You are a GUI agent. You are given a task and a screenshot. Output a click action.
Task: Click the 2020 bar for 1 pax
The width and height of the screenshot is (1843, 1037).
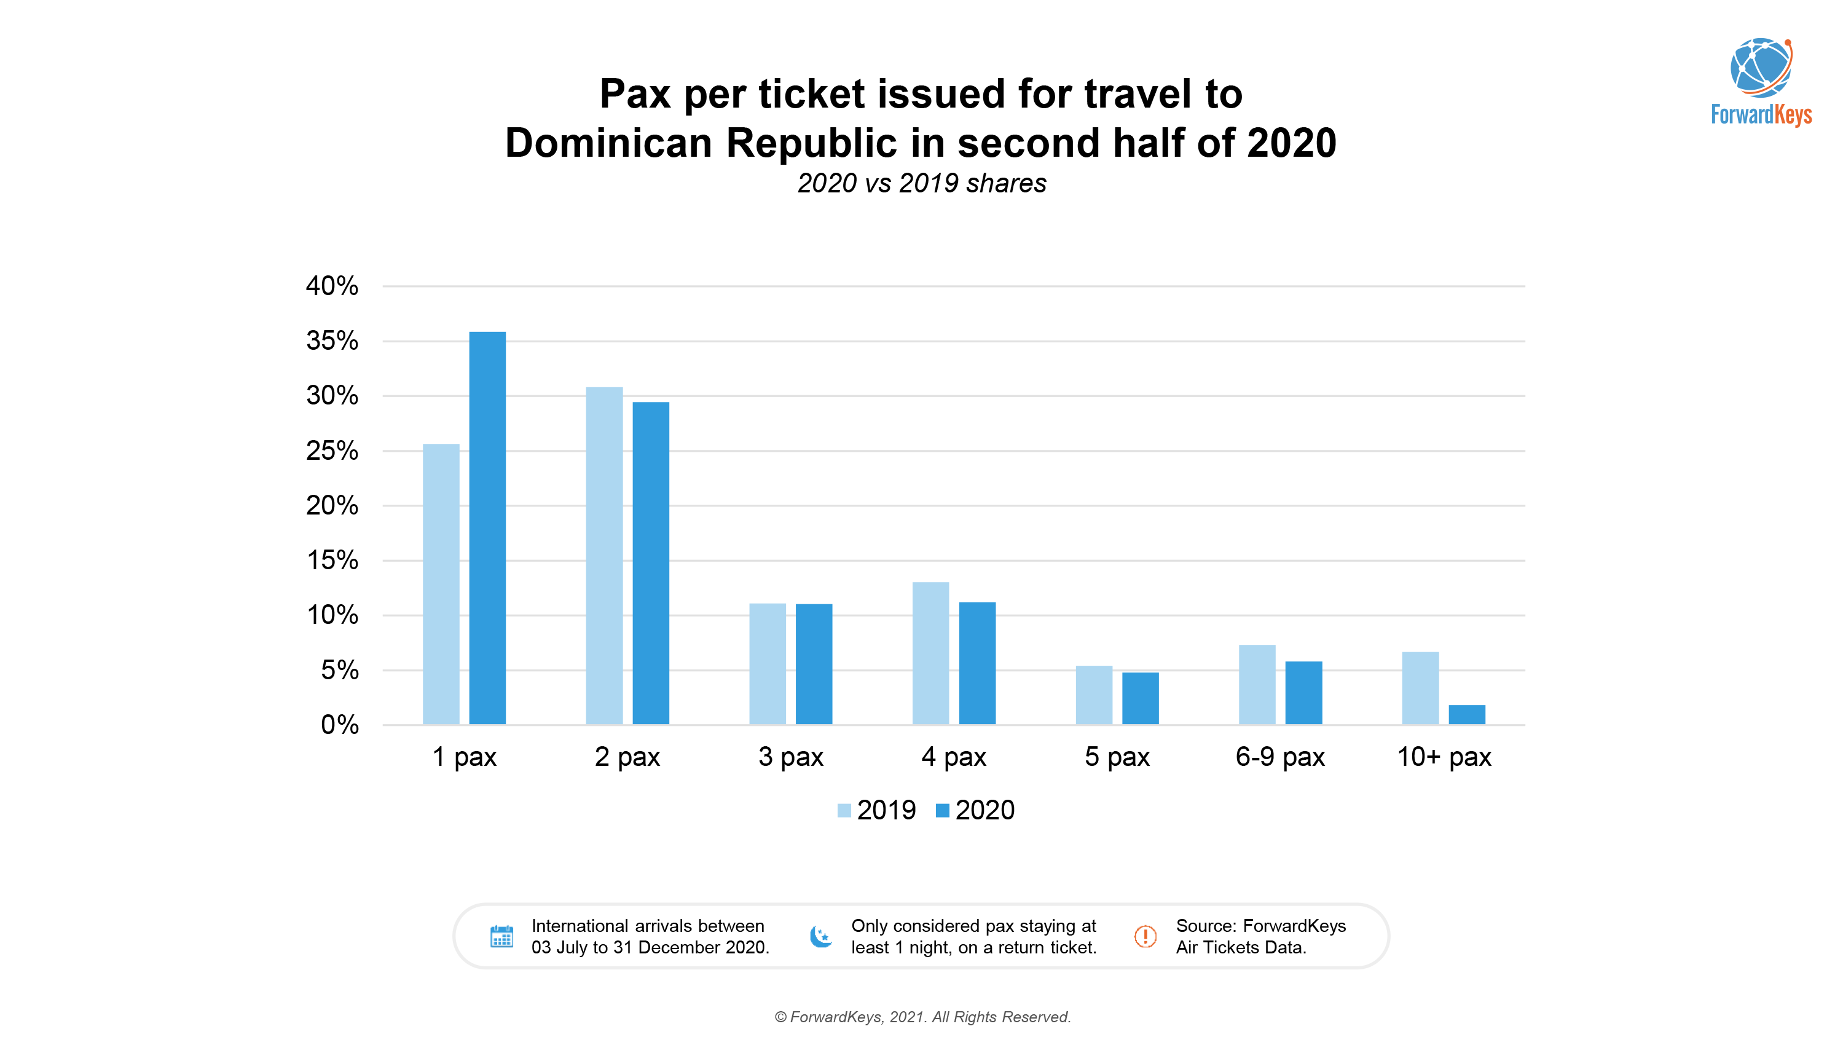pyautogui.click(x=487, y=528)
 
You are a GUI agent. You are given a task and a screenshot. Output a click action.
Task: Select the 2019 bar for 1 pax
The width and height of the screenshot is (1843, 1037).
pyautogui.click(x=441, y=584)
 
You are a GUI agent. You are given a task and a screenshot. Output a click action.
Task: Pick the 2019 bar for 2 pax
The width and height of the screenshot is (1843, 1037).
pyautogui.click(x=604, y=556)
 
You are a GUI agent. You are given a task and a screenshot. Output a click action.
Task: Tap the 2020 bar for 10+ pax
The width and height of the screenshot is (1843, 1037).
pyautogui.click(x=1467, y=714)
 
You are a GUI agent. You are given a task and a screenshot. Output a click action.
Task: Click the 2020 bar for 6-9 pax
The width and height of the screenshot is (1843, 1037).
pyautogui.click(x=1303, y=693)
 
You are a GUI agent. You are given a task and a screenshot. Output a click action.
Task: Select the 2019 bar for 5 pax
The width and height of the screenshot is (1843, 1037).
pyautogui.click(x=1094, y=695)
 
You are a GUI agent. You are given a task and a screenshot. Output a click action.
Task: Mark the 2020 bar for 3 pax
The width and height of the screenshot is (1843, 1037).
pyautogui.click(x=814, y=664)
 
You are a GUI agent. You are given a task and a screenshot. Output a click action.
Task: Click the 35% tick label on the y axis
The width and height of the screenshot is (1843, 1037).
pyautogui.click(x=332, y=341)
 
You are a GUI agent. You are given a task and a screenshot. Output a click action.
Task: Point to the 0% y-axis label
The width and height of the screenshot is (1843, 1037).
pyautogui.click(x=339, y=725)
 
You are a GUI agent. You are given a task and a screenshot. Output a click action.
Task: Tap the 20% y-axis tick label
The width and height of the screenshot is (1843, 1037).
pyautogui.click(x=332, y=505)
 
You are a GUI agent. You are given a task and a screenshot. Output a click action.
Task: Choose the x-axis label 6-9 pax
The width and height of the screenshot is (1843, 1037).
pyautogui.click(x=1280, y=757)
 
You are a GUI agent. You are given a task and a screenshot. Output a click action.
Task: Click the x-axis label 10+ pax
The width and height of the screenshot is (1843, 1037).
pyautogui.click(x=1444, y=757)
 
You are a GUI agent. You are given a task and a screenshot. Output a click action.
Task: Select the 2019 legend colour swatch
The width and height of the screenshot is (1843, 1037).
pyautogui.click(x=844, y=810)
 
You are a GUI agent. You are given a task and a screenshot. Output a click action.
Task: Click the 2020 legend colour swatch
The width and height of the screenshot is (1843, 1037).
pyautogui.click(x=942, y=810)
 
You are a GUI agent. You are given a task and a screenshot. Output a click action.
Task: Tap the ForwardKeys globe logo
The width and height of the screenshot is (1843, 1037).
pyautogui.click(x=1761, y=69)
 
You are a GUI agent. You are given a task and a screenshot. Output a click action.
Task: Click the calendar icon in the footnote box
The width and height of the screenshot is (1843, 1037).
pyautogui.click(x=501, y=936)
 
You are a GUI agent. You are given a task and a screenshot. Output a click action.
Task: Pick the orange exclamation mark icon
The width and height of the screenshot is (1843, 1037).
pyautogui.click(x=1145, y=936)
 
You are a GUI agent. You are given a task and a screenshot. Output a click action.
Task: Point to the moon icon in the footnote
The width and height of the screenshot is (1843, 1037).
pyautogui.click(x=820, y=936)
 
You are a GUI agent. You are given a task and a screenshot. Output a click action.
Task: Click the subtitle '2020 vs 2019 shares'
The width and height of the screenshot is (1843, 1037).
pyautogui.click(x=922, y=183)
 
